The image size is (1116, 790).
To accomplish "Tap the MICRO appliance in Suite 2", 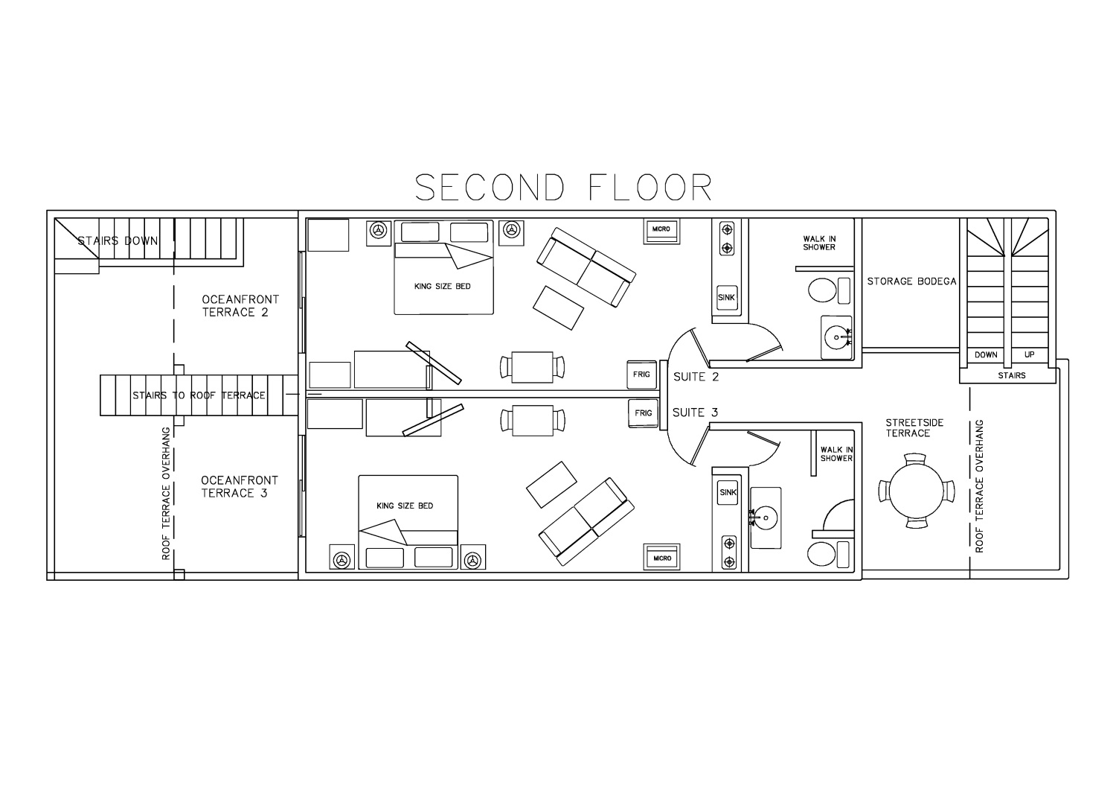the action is pos(661,232).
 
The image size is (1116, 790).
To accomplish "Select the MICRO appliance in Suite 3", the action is pos(661,557).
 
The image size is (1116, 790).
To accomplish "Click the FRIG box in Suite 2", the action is pos(641,375).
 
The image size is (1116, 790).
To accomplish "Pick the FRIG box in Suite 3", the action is pos(644,413).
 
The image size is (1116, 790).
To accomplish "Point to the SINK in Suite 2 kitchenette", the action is pos(726,298).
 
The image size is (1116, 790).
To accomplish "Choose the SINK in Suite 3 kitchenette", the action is pos(728,493).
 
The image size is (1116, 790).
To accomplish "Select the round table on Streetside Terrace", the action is pos(916,491).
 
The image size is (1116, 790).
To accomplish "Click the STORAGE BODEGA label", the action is pos(911,281).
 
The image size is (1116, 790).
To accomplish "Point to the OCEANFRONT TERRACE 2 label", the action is pos(240,306).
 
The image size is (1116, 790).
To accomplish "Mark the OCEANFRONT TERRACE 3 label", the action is pos(240,487).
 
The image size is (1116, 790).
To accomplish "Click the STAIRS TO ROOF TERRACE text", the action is pos(199,395).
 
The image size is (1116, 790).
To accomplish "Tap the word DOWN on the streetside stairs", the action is pos(986,354).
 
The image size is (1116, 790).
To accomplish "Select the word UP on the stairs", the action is pos(1029,354).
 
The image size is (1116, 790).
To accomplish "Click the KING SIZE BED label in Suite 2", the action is pos(443,286).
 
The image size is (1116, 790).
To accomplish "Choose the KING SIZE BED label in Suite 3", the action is pos(405,506).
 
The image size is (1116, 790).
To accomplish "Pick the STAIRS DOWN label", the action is pos(118,241).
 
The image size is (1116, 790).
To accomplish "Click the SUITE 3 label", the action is pos(695,412).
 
